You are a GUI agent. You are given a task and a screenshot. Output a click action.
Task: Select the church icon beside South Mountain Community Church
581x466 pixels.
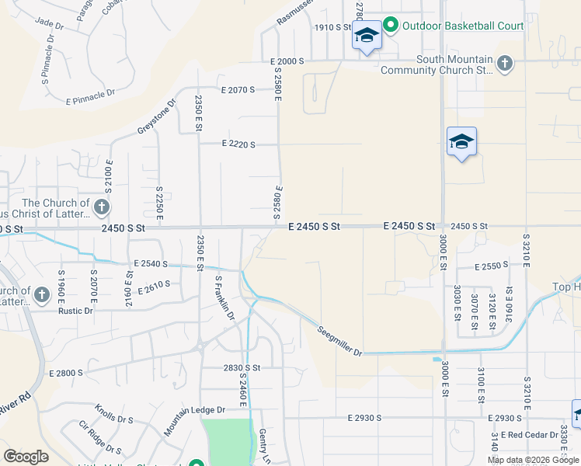click(x=505, y=63)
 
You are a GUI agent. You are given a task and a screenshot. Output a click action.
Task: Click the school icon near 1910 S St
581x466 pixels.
click(x=367, y=36)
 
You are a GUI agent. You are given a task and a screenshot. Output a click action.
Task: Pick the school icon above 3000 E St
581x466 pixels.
click(x=461, y=141)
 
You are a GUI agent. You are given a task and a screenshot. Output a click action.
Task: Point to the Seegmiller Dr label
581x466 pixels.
click(x=340, y=341)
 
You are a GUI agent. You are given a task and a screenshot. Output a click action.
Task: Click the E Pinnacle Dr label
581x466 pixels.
click(x=91, y=97)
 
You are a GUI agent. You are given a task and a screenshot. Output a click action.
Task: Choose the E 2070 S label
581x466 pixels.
click(x=238, y=90)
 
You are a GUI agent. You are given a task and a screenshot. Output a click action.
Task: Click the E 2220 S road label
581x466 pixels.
click(x=238, y=144)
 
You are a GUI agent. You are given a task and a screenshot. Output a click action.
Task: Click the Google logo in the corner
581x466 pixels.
click(x=26, y=457)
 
